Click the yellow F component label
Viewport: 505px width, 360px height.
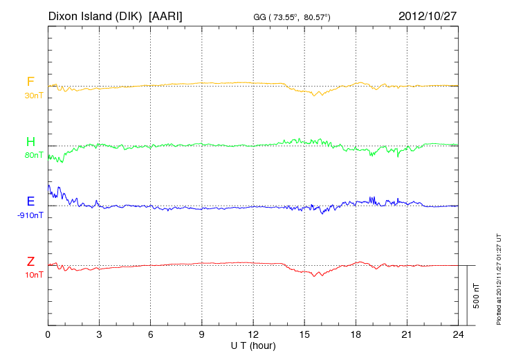pyautogui.click(x=30, y=82)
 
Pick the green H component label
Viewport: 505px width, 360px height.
pyautogui.click(x=30, y=143)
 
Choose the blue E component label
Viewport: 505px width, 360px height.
pyautogui.click(x=30, y=202)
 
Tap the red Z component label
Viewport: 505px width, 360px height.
pyautogui.click(x=30, y=262)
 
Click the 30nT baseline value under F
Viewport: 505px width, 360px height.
pyautogui.click(x=33, y=96)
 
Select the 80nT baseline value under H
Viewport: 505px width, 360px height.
pyautogui.click(x=33, y=156)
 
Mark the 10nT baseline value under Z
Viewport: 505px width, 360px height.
pyautogui.click(x=33, y=275)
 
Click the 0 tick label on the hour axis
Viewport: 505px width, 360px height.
pyautogui.click(x=48, y=335)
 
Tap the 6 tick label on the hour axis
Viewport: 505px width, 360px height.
pyautogui.click(x=151, y=335)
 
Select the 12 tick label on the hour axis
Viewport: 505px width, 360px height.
pyautogui.click(x=253, y=335)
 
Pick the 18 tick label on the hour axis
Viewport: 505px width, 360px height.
pyautogui.click(x=356, y=335)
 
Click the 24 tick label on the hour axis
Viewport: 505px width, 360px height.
pyautogui.click(x=458, y=335)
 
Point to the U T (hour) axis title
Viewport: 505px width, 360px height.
pyautogui.click(x=253, y=345)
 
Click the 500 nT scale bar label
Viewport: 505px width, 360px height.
pyautogui.click(x=477, y=296)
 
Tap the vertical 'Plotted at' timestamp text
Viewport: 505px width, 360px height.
pyautogui.click(x=498, y=279)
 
